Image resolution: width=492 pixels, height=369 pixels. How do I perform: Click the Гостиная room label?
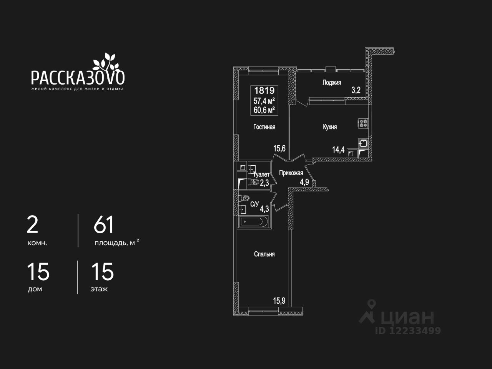264,127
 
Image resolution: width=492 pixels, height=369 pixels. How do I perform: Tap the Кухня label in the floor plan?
330,127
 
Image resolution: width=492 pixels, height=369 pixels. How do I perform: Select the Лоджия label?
331,82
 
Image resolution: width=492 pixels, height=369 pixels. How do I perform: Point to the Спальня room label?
264,254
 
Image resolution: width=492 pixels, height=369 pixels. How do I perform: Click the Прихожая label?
291,173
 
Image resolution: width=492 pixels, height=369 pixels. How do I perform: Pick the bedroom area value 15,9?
279,301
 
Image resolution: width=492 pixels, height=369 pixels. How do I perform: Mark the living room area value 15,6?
279,148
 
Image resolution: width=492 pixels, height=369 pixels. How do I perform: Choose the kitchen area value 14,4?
338,150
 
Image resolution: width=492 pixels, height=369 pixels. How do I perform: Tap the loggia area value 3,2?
356,91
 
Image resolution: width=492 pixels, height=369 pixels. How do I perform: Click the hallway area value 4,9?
304,182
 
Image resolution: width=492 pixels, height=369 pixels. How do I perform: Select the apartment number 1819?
264,91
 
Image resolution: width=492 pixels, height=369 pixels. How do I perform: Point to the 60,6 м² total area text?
264,110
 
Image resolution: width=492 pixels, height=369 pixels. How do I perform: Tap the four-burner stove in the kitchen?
363,123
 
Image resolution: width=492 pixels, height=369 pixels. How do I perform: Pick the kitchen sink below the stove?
363,143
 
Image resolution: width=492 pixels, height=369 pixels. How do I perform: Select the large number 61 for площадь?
104,225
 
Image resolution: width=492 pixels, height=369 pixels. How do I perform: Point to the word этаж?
99,289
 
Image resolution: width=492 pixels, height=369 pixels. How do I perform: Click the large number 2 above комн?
33,225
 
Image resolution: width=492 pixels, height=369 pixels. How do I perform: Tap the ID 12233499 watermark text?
408,331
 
